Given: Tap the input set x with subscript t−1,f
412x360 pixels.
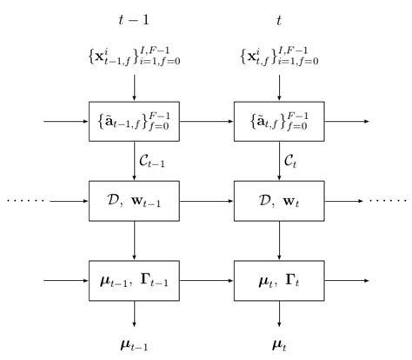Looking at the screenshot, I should pyautogui.click(x=134, y=58).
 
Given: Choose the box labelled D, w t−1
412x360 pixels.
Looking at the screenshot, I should pyautogui.click(x=134, y=201).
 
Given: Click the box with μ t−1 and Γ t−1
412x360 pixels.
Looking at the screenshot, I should pyautogui.click(x=134, y=280).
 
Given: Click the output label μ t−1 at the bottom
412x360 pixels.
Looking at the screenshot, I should pyautogui.click(x=134, y=343).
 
